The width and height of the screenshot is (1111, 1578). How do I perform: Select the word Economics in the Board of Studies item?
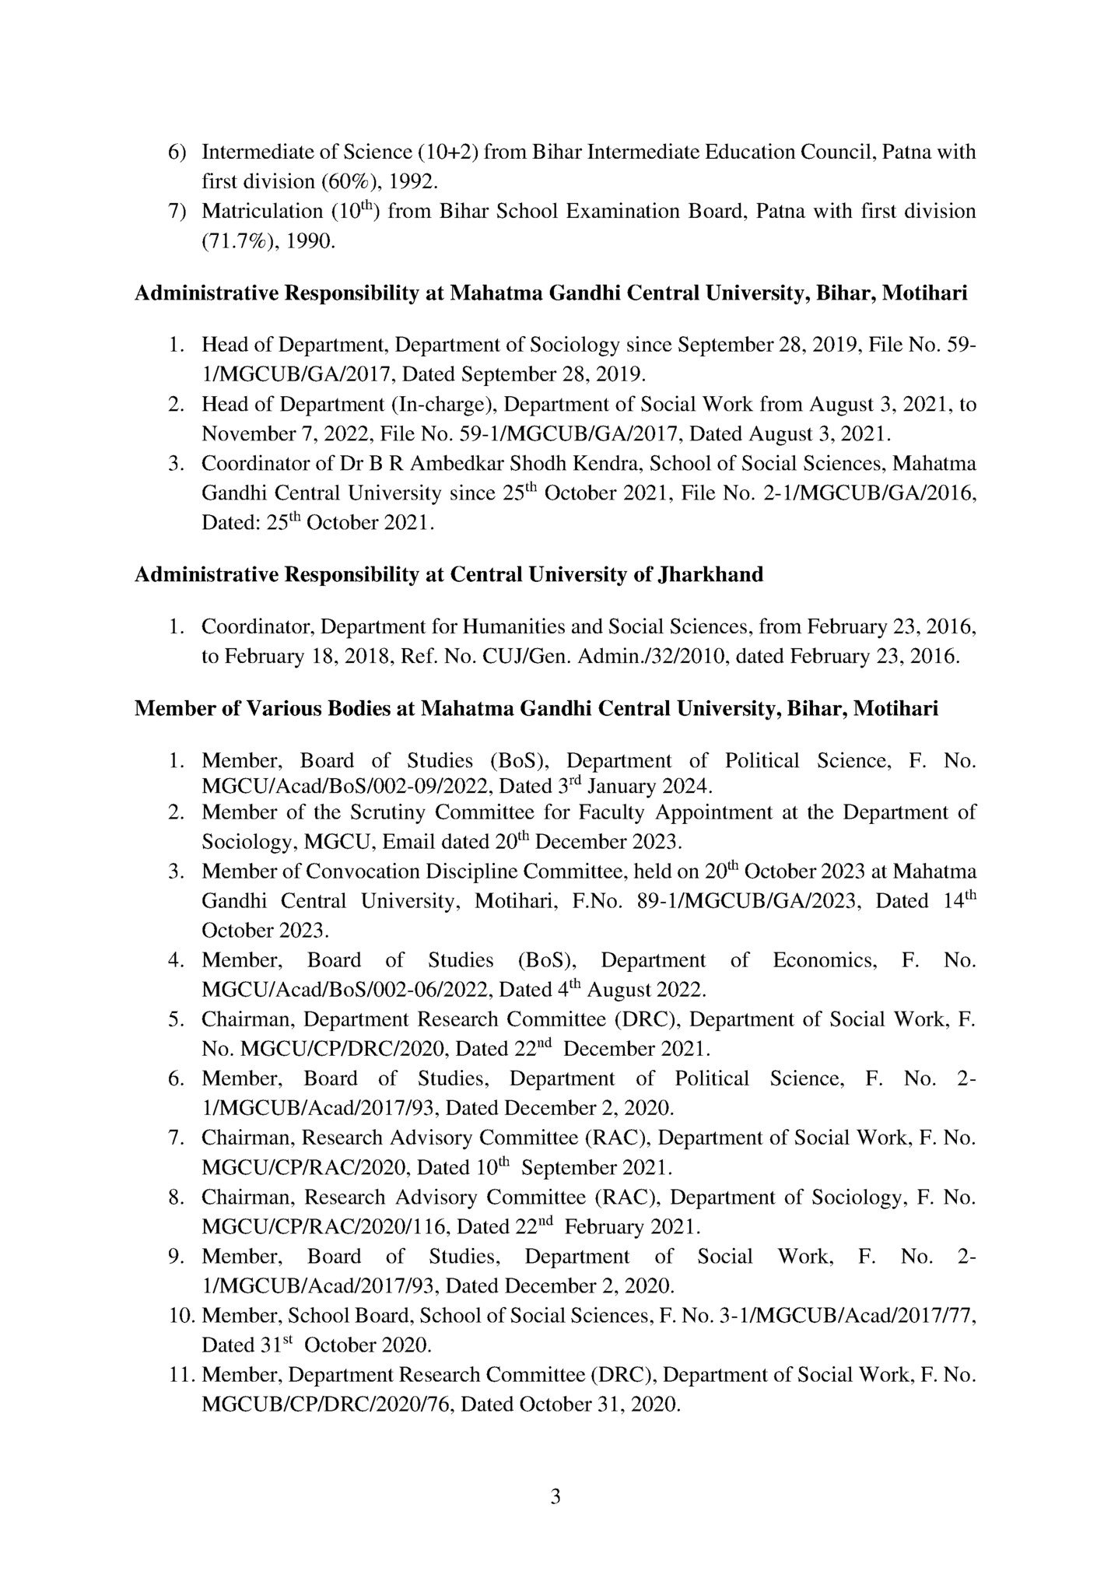[824, 960]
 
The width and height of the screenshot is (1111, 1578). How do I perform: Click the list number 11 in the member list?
[181, 1376]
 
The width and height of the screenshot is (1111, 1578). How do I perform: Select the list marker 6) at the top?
[177, 153]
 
